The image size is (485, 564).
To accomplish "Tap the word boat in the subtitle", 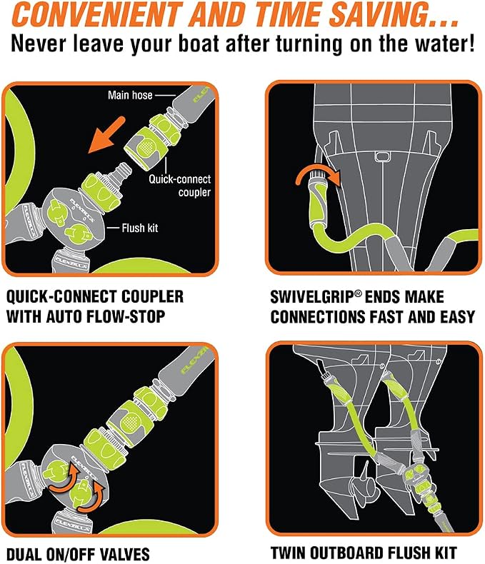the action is point(199,43).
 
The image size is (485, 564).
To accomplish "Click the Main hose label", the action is point(130,96).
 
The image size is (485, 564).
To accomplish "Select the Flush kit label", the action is point(139,228).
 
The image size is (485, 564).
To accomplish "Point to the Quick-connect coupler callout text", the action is point(180,186).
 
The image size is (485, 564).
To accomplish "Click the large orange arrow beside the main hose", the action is point(106,134).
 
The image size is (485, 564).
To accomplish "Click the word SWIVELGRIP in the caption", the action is point(312,297).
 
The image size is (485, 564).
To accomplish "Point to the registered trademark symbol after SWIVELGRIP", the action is point(358,293).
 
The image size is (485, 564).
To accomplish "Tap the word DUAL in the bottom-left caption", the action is point(24,554).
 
